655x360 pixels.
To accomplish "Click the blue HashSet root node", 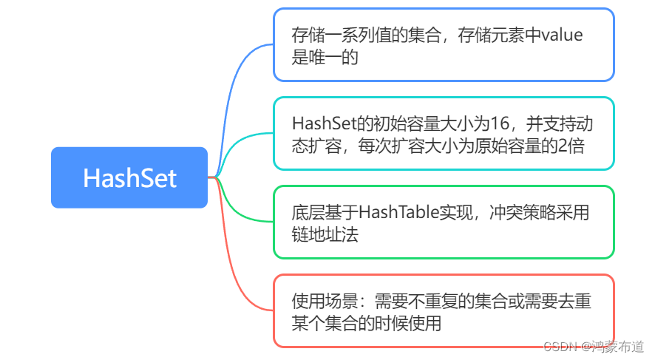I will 129,177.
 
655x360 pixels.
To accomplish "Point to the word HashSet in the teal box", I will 320,123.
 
